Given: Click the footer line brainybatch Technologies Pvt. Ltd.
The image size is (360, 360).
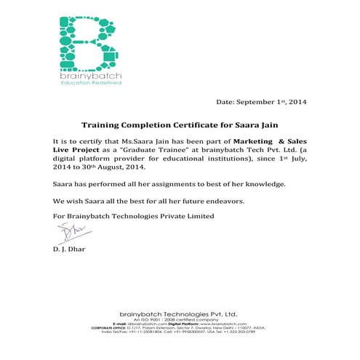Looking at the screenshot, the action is [180, 311].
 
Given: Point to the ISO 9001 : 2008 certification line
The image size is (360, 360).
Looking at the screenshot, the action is [180, 317].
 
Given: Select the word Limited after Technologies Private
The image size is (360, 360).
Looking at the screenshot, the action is [199, 216].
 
